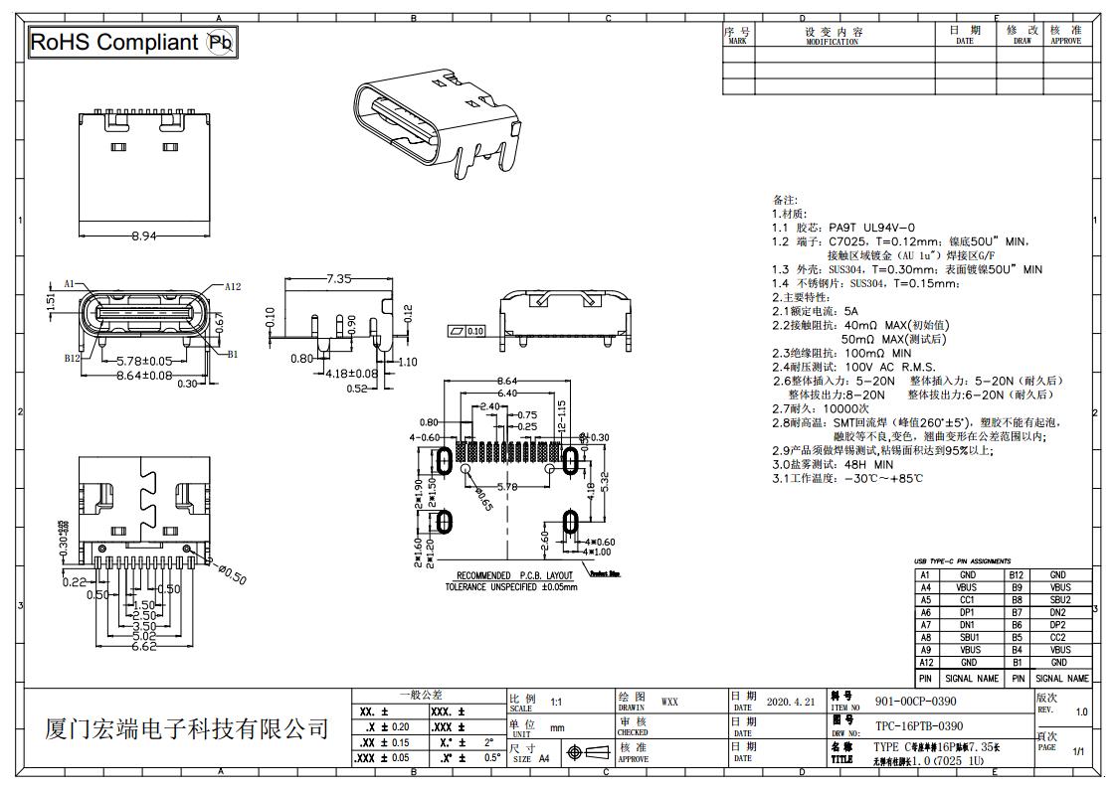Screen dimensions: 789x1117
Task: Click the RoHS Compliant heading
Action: coord(114,42)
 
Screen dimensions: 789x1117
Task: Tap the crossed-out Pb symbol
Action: coord(219,42)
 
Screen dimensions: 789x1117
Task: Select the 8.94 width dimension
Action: coord(145,237)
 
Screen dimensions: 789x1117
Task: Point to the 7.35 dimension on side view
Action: coord(339,279)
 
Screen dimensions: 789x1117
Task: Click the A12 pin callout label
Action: coord(232,286)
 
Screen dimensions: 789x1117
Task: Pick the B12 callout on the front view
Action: coord(72,358)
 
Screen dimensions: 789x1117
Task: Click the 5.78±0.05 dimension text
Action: coord(144,361)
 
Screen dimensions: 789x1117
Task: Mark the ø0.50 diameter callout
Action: coord(231,573)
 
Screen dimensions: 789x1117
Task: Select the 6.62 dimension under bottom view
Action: coord(145,647)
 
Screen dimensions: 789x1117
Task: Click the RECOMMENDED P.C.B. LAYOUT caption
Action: coord(514,576)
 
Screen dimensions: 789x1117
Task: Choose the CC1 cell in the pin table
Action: coord(967,600)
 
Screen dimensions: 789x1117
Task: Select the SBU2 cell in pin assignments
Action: coord(1057,600)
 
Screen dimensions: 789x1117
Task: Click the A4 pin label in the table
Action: coord(925,587)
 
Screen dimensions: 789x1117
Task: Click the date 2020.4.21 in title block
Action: coord(791,702)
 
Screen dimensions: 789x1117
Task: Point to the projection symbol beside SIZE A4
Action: coord(587,752)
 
